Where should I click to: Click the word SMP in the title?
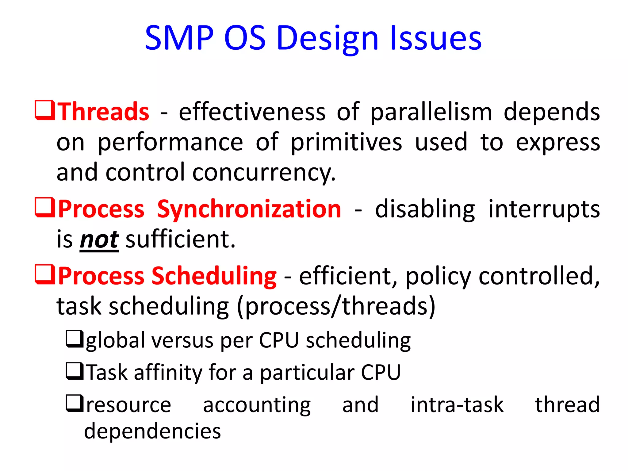179,38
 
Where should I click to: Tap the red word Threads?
104,112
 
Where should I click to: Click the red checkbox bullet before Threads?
45,110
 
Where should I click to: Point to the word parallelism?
431,112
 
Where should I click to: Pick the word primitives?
346,143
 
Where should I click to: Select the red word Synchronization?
249,209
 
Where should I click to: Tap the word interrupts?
544,209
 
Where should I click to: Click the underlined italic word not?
99,240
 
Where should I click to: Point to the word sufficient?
180,240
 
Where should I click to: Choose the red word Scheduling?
214,276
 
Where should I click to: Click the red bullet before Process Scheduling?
45,274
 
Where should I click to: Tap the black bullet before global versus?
75,339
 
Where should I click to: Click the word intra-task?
457,405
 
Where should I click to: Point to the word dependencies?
152,431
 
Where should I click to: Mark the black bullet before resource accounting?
75,404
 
